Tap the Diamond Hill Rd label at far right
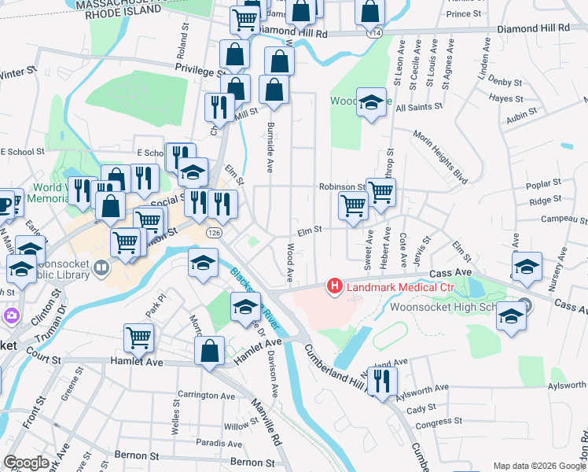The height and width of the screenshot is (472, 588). pos(533,28)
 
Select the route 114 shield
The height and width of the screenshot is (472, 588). pos(377,33)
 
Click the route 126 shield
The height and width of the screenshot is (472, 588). pos(213,234)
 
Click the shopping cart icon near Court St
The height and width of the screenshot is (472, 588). pos(139,338)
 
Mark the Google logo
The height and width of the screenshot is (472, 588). pos(27,462)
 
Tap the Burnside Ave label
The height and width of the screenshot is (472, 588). pos(270,148)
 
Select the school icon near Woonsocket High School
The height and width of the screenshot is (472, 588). pos(512,316)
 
